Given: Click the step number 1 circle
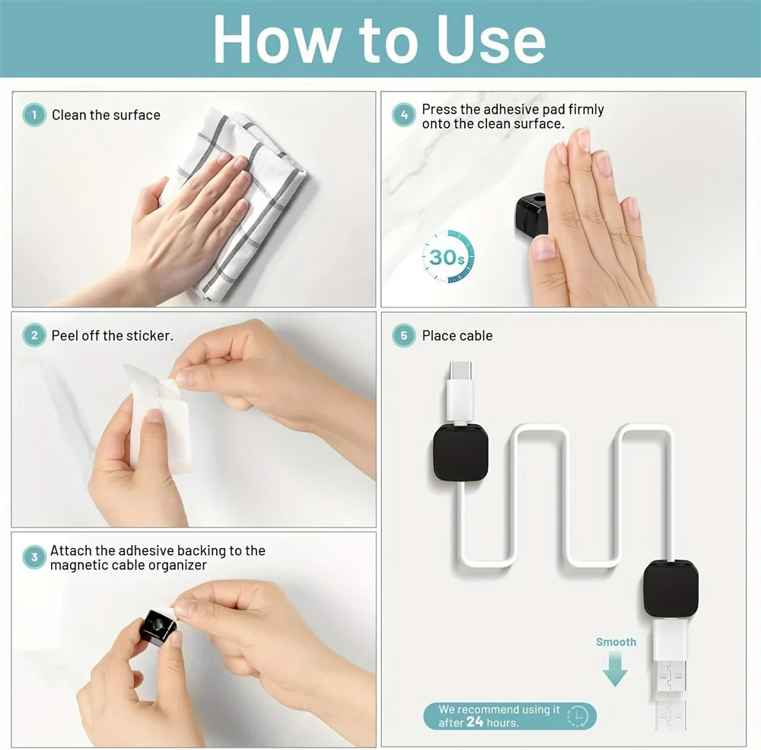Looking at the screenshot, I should [34, 116].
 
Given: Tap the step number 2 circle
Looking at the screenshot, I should [34, 336].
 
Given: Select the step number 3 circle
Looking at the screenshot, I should [34, 557].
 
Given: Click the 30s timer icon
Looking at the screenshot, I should [447, 257].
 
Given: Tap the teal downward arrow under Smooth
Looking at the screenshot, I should [615, 669].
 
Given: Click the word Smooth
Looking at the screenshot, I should [616, 642].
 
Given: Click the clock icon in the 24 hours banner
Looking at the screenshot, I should [578, 716].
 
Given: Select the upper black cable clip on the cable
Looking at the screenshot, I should [461, 452].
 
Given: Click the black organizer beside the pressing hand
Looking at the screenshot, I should [531, 214].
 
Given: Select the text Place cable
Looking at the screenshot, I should [457, 336].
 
